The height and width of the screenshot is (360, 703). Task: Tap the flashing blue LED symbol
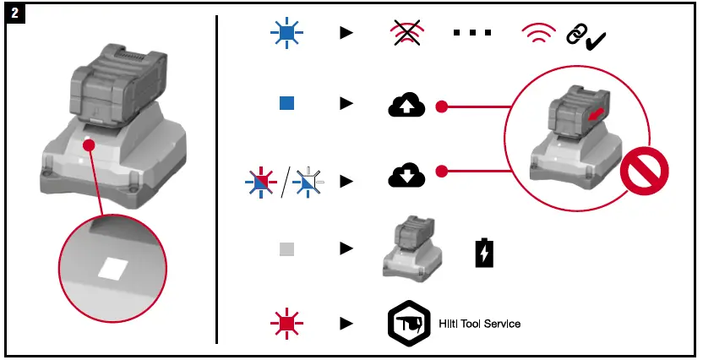pyautogui.click(x=286, y=33)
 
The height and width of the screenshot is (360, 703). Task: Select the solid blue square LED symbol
pyautogui.click(x=286, y=103)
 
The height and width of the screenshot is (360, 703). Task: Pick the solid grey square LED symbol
pyautogui.click(x=286, y=249)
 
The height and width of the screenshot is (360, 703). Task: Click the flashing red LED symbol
pyautogui.click(x=286, y=324)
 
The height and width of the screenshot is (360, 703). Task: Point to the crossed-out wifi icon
pyautogui.click(x=406, y=33)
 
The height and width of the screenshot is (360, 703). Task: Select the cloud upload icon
pyautogui.click(x=406, y=105)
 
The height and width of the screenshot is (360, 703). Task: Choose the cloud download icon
pyautogui.click(x=406, y=175)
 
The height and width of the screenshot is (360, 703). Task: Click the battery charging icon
pyautogui.click(x=483, y=252)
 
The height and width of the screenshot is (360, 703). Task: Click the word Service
pyautogui.click(x=502, y=324)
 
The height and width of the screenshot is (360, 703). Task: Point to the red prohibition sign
pyautogui.click(x=644, y=176)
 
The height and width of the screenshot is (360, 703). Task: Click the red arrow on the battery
pyautogui.click(x=597, y=114)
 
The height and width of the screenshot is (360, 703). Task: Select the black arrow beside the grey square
pyautogui.click(x=345, y=249)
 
